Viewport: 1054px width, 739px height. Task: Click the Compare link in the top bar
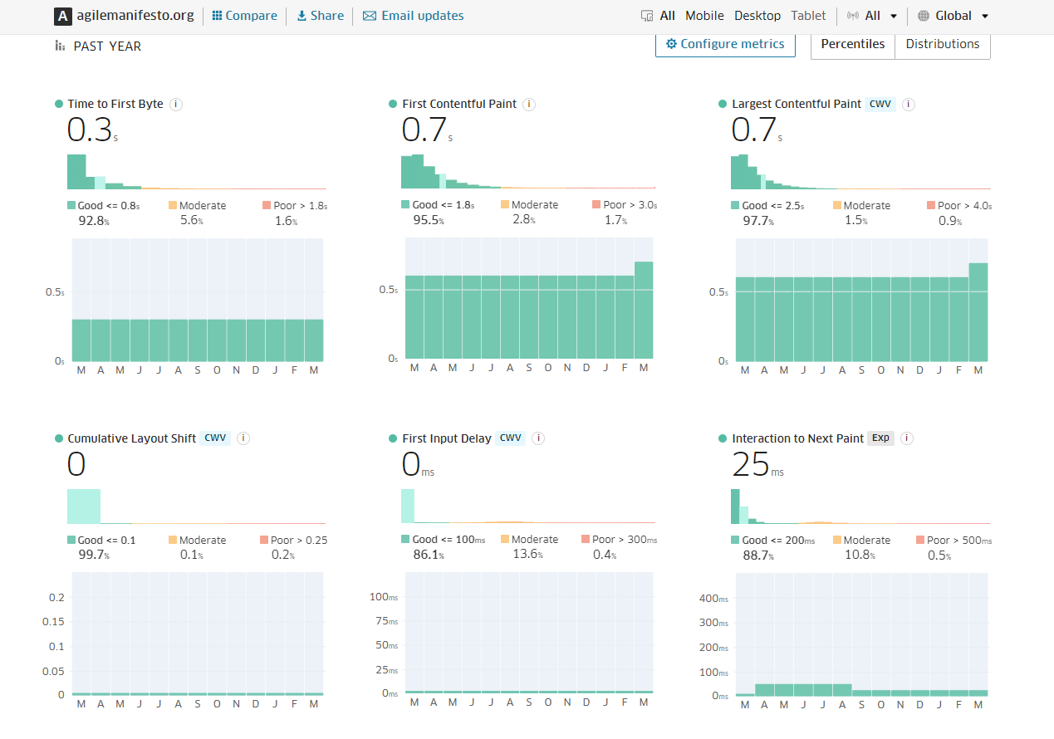(245, 16)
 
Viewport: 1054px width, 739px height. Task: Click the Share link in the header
(320, 16)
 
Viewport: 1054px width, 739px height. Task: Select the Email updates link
(414, 16)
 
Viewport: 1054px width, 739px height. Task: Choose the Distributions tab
(942, 44)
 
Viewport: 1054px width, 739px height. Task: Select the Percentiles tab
(852, 44)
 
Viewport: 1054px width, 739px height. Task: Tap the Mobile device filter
(704, 16)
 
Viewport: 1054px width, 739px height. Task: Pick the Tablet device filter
(808, 16)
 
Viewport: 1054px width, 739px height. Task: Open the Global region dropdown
(954, 16)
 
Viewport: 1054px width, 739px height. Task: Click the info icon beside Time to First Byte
(176, 104)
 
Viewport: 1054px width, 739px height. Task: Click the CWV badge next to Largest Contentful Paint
(880, 104)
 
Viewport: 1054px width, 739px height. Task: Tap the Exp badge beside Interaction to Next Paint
(880, 438)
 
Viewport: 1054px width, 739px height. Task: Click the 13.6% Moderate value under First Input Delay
(528, 555)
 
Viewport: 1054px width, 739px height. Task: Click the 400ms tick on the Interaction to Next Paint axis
(713, 599)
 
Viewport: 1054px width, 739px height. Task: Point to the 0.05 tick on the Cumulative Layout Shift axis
(53, 671)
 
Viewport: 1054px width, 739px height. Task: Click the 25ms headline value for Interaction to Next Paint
(752, 465)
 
